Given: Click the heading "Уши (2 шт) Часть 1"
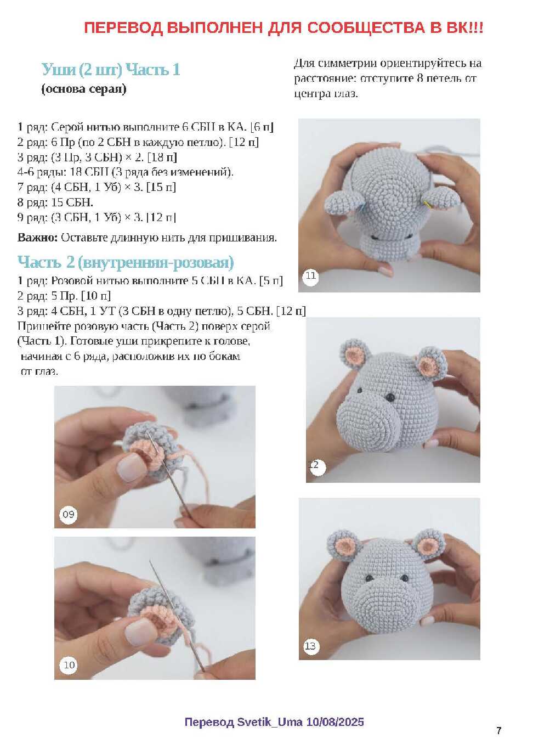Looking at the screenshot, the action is (x=111, y=70).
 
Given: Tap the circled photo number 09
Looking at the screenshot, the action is (x=69, y=514).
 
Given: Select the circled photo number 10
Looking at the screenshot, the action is (x=69, y=665).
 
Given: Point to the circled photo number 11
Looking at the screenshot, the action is (x=310, y=277).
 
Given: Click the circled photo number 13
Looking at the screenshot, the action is (x=310, y=646).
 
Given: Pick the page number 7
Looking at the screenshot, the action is (x=498, y=730).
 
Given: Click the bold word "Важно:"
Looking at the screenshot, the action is (x=38, y=238).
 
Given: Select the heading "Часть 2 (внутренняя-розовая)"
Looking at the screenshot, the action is (x=126, y=262).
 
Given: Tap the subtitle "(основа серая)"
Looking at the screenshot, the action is (x=84, y=89).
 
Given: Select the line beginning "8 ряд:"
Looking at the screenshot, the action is (x=55, y=202).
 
